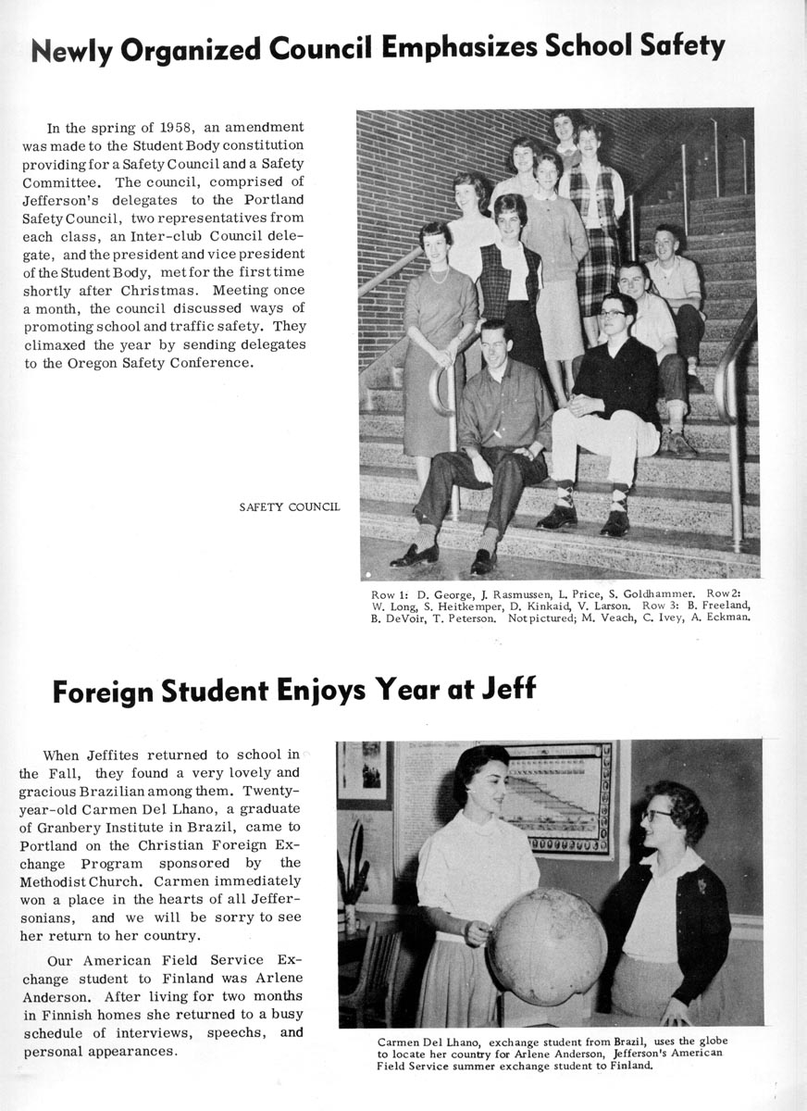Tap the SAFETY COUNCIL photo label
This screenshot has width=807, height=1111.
[290, 506]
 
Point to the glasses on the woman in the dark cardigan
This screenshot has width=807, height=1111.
[657, 815]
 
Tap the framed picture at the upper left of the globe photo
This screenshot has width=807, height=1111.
[363, 771]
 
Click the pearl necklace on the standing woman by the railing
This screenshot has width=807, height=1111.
[439, 275]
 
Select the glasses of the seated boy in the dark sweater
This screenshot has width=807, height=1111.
[611, 314]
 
